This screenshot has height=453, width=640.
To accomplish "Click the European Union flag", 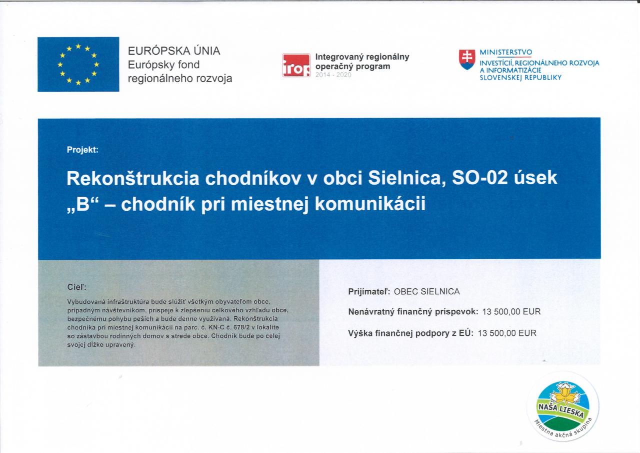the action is pyautogui.click(x=78, y=65).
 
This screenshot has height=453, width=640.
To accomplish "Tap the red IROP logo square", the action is pyautogui.click(x=296, y=65).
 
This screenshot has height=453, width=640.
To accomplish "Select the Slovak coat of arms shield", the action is pyautogui.click(x=467, y=60).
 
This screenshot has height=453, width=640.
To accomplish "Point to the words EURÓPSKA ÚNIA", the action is pyautogui.click(x=174, y=51).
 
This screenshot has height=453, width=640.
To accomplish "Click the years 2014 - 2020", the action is pyautogui.click(x=333, y=75).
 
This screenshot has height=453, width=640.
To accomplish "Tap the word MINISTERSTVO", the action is pyautogui.click(x=505, y=53).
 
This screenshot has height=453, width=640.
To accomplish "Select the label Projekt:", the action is pyautogui.click(x=82, y=150).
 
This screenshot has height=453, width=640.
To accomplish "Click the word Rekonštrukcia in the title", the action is pyautogui.click(x=133, y=178).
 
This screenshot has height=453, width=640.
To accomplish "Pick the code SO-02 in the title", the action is pyautogui.click(x=479, y=178).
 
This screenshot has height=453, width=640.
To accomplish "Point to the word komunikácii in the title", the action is pyautogui.click(x=370, y=204).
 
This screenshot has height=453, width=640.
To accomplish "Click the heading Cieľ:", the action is pyautogui.click(x=76, y=287).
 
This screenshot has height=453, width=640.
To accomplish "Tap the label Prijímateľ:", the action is pyautogui.click(x=369, y=292).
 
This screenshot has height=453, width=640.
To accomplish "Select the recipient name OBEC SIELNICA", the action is pyautogui.click(x=427, y=292).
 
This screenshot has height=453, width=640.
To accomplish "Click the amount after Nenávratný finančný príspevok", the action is pyautogui.click(x=511, y=312).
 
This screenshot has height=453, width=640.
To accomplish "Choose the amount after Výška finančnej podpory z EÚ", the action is pyautogui.click(x=507, y=333).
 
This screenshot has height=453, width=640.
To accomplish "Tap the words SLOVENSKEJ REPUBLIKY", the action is pyautogui.click(x=520, y=78).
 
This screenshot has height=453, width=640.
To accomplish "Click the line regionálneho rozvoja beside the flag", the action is pyautogui.click(x=180, y=79).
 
